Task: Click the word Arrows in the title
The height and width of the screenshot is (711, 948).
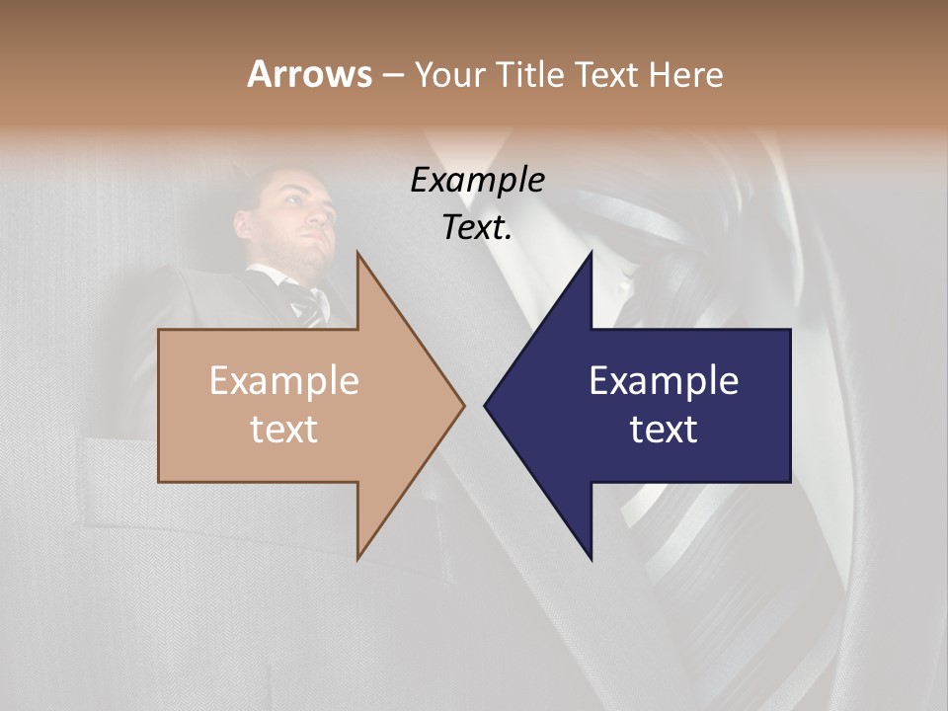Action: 309,74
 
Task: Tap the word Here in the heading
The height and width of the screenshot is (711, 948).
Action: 685,75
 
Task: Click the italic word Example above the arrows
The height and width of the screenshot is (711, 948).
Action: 477,181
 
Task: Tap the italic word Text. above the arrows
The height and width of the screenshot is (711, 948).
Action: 477,228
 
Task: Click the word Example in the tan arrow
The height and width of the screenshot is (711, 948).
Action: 284,381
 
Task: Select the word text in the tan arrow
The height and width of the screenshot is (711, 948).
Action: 284,430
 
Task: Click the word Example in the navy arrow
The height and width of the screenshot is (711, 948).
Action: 664,381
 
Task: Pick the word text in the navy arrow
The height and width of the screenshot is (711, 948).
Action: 664,430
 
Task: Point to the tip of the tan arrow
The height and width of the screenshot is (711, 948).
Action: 463,405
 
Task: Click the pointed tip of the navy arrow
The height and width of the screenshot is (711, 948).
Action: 485,405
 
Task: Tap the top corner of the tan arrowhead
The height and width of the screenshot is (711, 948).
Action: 357,253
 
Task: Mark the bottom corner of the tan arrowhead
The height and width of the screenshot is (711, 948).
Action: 357,558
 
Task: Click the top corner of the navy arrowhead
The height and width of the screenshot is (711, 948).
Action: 591,253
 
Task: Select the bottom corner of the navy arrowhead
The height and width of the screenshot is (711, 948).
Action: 591,558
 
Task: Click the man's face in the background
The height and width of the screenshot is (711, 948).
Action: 297,217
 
